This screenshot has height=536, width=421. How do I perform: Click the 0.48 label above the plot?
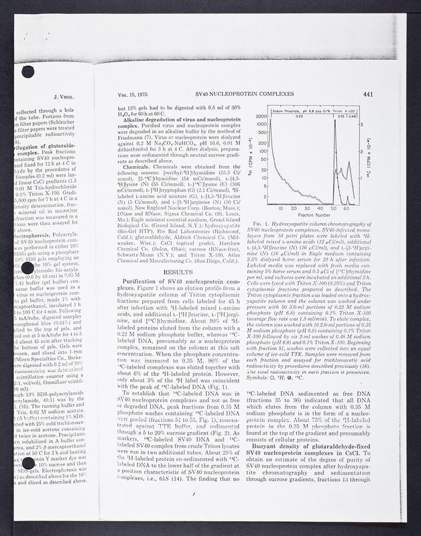368,115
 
